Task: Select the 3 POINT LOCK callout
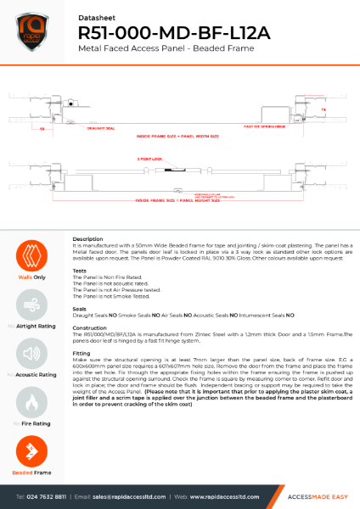[x=150, y=159]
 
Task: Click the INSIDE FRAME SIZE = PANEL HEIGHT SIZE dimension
[x=178, y=201]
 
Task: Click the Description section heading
[x=88, y=239]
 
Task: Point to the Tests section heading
[x=80, y=271]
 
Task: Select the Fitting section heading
[x=82, y=351]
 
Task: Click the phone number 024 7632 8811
[x=44, y=495]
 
